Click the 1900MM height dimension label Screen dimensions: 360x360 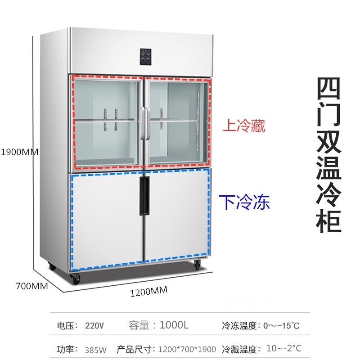coord(19,152)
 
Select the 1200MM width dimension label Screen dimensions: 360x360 coord(148,292)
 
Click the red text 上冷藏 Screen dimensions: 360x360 coord(244,126)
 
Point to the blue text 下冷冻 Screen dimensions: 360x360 coord(244,202)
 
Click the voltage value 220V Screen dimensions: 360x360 coord(94,325)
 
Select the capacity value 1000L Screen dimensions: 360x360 coord(174,325)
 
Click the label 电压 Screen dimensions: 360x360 coord(66,325)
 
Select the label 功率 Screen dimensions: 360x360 coord(66,349)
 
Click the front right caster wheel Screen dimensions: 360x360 coord(197,265)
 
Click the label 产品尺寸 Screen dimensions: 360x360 coord(133,349)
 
